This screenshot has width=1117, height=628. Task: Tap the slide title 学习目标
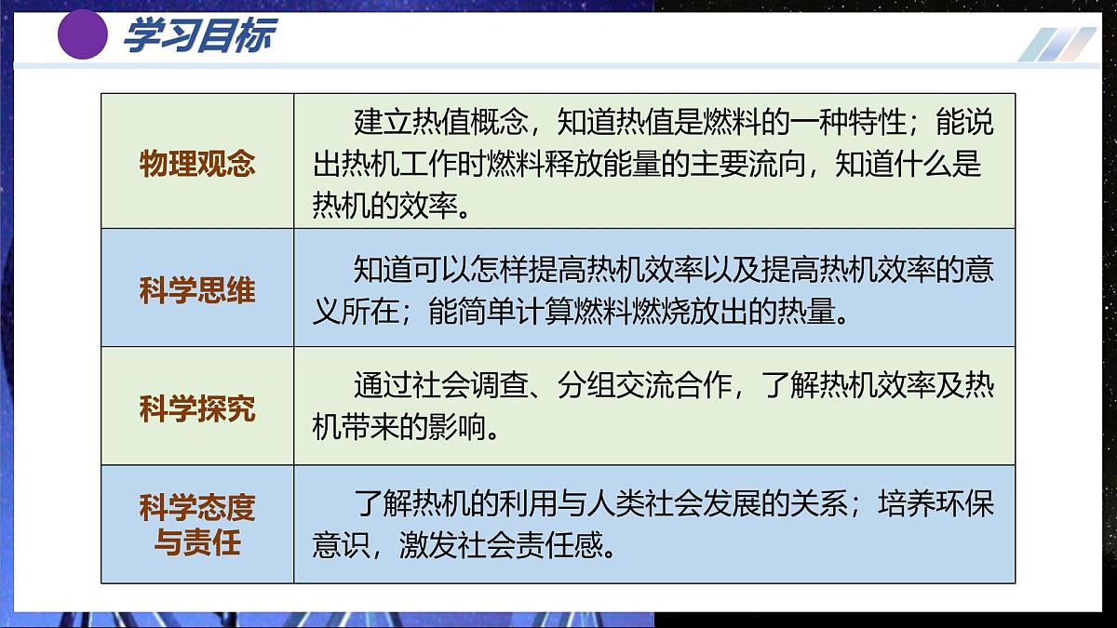[198, 36]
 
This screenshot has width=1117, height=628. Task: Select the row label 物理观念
[197, 164]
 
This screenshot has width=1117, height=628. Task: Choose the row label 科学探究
[197, 408]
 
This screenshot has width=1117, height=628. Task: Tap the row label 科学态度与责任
[197, 525]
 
